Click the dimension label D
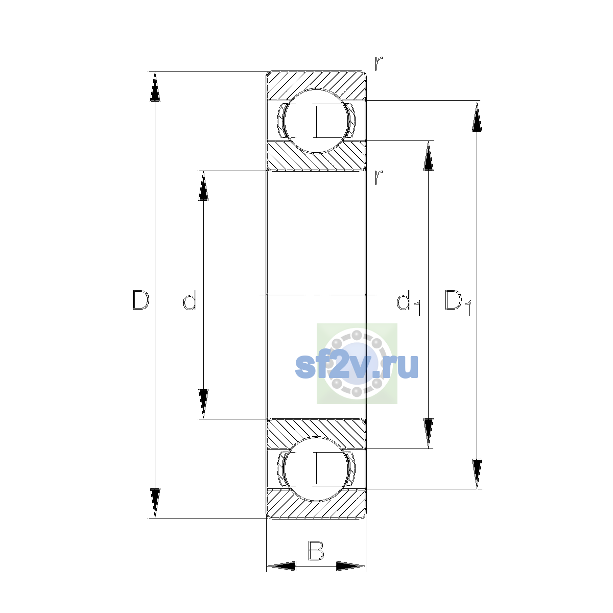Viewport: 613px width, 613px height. coord(140,300)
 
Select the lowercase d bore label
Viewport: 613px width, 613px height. coord(190,300)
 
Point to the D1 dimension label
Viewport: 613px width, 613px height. coord(458,302)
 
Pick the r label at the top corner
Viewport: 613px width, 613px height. coord(379,64)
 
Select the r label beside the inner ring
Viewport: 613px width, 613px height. coord(379,177)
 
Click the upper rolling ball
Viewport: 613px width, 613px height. coord(316,121)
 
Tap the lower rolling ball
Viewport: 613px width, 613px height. coord(316,469)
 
